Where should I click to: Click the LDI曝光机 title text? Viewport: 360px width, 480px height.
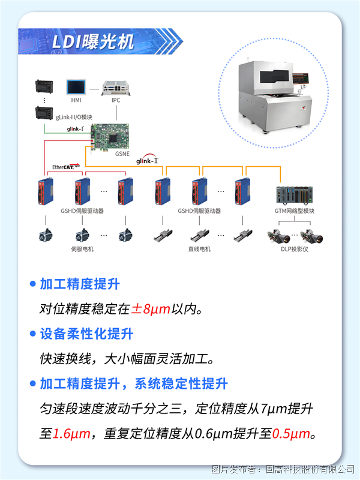[x=93, y=41]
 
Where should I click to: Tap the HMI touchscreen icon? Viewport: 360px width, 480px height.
[x=76, y=87]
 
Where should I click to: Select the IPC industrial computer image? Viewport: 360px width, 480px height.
[x=116, y=88]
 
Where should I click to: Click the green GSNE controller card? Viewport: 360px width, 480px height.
[x=110, y=137]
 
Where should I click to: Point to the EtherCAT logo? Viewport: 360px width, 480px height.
[x=66, y=167]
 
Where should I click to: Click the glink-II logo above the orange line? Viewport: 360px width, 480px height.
[x=147, y=159]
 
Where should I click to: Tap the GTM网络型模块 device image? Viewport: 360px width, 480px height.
[x=295, y=195]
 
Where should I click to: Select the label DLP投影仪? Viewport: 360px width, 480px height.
[x=295, y=249]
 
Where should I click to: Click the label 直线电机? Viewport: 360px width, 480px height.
[x=199, y=249]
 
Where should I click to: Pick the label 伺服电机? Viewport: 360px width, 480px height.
[x=82, y=249]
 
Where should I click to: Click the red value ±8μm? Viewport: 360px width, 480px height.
[x=151, y=309]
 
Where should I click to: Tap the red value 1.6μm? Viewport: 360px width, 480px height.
[x=71, y=434]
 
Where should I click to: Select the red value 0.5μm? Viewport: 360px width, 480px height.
[x=291, y=434]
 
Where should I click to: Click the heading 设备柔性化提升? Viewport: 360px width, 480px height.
[x=86, y=334]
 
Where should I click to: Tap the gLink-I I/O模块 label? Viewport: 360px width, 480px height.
[x=74, y=117]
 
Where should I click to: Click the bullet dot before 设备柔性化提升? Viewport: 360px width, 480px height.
[x=33, y=334]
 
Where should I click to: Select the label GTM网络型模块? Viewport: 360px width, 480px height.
[x=295, y=211]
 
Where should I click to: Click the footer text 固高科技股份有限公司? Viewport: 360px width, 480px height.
[x=310, y=469]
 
